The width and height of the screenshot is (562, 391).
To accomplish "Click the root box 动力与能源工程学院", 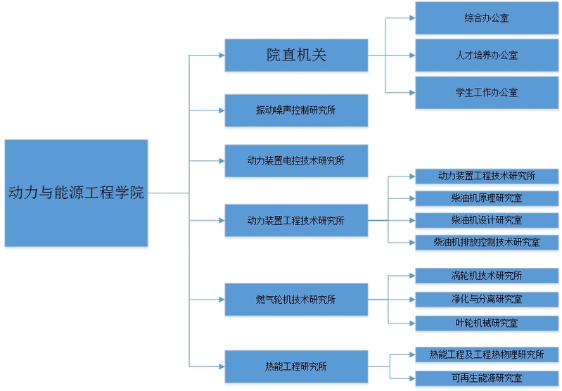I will pyautogui.click(x=76, y=193).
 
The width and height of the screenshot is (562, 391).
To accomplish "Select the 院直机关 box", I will pyautogui.click(x=296, y=55).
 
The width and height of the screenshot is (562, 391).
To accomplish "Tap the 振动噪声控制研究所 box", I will pyautogui.click(x=296, y=110).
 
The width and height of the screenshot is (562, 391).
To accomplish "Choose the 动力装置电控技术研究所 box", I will pyautogui.click(x=296, y=161).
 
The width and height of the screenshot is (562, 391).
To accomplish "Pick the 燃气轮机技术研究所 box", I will pyautogui.click(x=296, y=300).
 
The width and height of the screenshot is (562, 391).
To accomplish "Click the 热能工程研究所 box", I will pyautogui.click(x=296, y=366).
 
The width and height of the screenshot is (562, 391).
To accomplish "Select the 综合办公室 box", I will pyautogui.click(x=486, y=18).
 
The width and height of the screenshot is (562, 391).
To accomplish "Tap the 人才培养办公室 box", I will pyautogui.click(x=486, y=55).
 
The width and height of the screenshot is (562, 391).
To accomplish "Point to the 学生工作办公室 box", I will pyautogui.click(x=486, y=92).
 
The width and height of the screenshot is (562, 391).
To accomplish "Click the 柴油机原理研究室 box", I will pyautogui.click(x=486, y=198).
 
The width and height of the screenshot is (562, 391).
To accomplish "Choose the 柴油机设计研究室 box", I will pyautogui.click(x=486, y=220).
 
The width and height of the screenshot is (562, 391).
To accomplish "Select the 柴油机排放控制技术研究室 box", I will pyautogui.click(x=486, y=243).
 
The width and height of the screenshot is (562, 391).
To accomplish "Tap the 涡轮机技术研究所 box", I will pyautogui.click(x=486, y=276).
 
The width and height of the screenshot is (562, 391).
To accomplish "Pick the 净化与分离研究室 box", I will pyautogui.click(x=486, y=300).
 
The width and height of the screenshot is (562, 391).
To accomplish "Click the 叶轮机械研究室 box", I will pyautogui.click(x=486, y=323).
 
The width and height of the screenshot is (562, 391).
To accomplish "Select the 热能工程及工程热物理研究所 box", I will pyautogui.click(x=486, y=354).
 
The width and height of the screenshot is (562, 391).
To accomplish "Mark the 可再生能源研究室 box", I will pyautogui.click(x=486, y=378).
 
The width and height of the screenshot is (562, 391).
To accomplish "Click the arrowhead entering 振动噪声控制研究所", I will pyautogui.click(x=221, y=110).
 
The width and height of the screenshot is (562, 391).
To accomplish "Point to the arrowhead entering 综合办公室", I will pyautogui.click(x=411, y=18).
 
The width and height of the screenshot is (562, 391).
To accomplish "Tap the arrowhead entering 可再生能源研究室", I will pyautogui.click(x=411, y=378).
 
